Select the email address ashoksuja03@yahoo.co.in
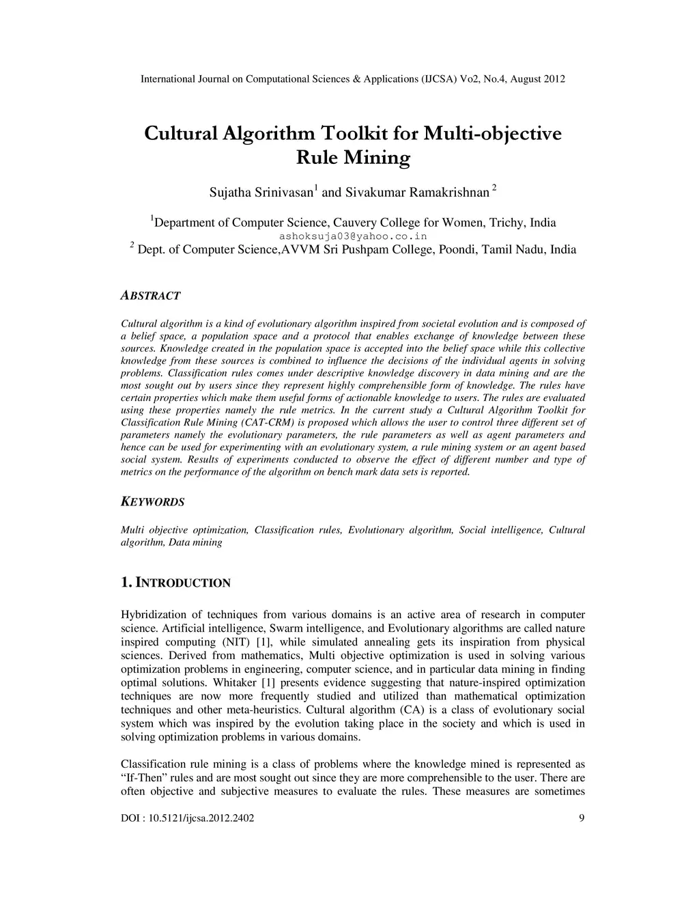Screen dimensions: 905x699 pyautogui.click(x=353, y=236)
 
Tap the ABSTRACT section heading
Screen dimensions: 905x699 pyautogui.click(x=150, y=296)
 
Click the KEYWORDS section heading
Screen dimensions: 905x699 pyautogui.click(x=152, y=502)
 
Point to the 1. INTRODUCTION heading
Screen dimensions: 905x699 pyautogui.click(x=175, y=583)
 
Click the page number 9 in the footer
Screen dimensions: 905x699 pyautogui.click(x=581, y=818)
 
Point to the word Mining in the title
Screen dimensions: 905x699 pyautogui.click(x=377, y=158)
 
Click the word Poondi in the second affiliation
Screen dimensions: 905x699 pyautogui.click(x=456, y=250)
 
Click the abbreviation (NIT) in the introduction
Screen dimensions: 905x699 pyautogui.click(x=236, y=642)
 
